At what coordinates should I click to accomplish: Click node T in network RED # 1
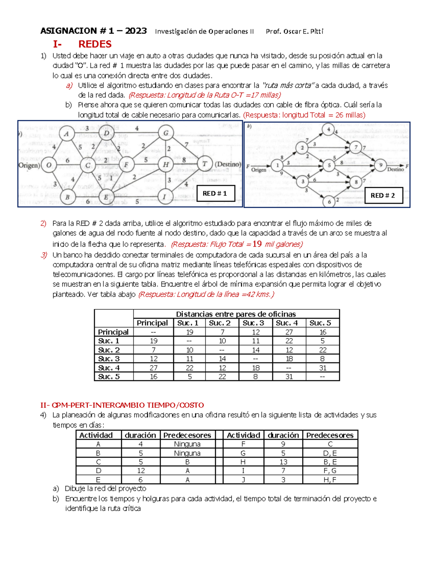(x=205, y=164)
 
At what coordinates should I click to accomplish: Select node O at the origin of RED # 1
(x=48, y=165)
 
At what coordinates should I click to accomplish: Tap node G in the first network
(x=166, y=133)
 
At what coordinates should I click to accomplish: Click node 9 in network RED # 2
(x=380, y=165)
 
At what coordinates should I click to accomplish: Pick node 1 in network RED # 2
(x=277, y=165)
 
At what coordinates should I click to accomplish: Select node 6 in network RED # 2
(x=329, y=202)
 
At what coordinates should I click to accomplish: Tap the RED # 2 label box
(x=383, y=195)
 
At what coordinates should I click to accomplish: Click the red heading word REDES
(x=95, y=44)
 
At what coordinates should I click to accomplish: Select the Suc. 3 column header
(x=253, y=323)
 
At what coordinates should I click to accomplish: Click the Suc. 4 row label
(x=109, y=368)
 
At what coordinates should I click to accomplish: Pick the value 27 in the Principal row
(x=289, y=332)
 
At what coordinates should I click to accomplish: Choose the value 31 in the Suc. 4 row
(x=323, y=368)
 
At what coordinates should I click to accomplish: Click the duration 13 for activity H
(x=283, y=462)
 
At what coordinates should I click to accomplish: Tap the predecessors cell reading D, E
(x=329, y=453)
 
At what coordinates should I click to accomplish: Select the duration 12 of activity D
(x=141, y=471)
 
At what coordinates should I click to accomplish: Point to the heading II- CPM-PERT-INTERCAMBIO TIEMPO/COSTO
(x=122, y=405)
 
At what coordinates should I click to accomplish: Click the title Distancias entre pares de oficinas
(x=236, y=314)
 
